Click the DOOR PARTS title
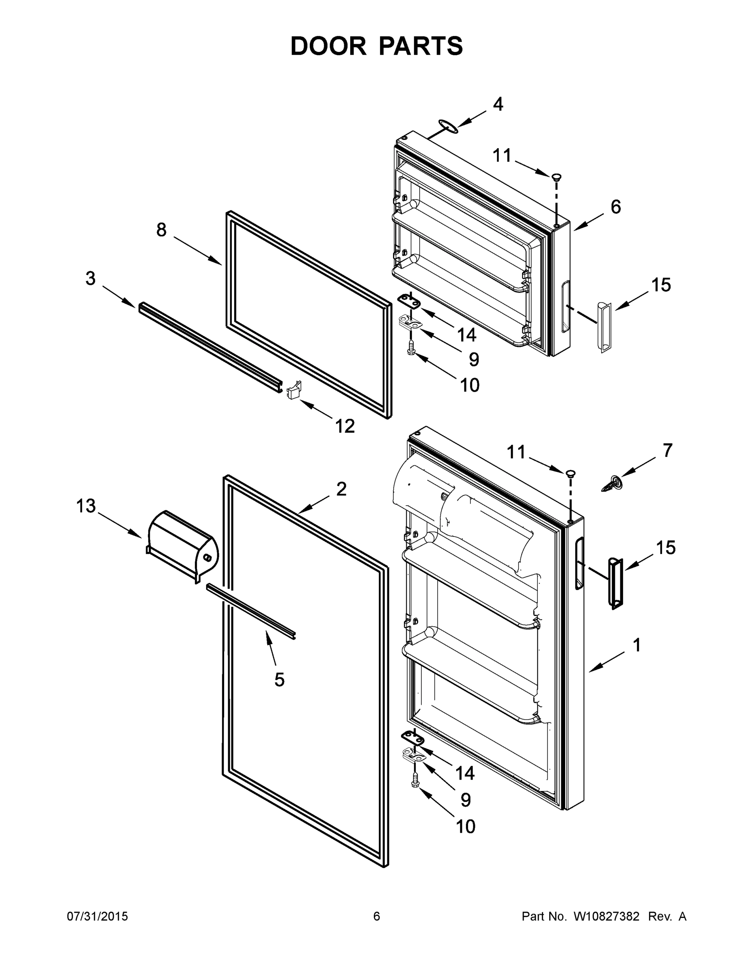point(377,46)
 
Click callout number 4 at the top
point(498,104)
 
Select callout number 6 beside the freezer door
point(616,207)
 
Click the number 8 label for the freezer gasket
point(162,230)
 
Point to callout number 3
point(91,279)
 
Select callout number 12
point(345,427)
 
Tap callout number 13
point(86,506)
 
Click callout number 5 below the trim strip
point(279,680)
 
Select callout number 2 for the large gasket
point(341,490)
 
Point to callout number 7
point(667,450)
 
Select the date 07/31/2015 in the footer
point(97,916)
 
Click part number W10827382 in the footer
point(606,916)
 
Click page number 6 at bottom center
point(377,916)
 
